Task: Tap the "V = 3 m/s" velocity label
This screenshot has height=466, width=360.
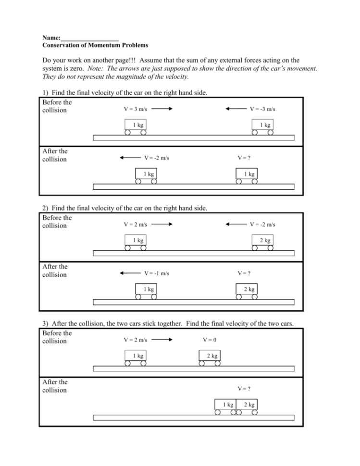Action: tap(136, 109)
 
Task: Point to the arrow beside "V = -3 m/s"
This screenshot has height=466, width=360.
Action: tap(236, 109)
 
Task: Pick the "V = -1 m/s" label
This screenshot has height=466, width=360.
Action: tap(157, 273)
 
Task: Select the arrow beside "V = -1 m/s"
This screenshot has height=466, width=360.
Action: tap(129, 273)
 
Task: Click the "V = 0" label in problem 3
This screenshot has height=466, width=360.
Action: tap(210, 340)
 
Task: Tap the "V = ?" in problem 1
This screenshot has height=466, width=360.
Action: tap(244, 158)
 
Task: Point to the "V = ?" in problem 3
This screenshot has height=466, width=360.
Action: tap(244, 388)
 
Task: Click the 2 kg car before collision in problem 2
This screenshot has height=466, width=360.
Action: tap(263, 240)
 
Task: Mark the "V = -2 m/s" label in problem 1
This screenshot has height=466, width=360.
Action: tap(157, 158)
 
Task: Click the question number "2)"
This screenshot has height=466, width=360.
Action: tap(46, 208)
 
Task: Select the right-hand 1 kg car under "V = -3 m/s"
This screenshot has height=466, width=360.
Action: tap(263, 125)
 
